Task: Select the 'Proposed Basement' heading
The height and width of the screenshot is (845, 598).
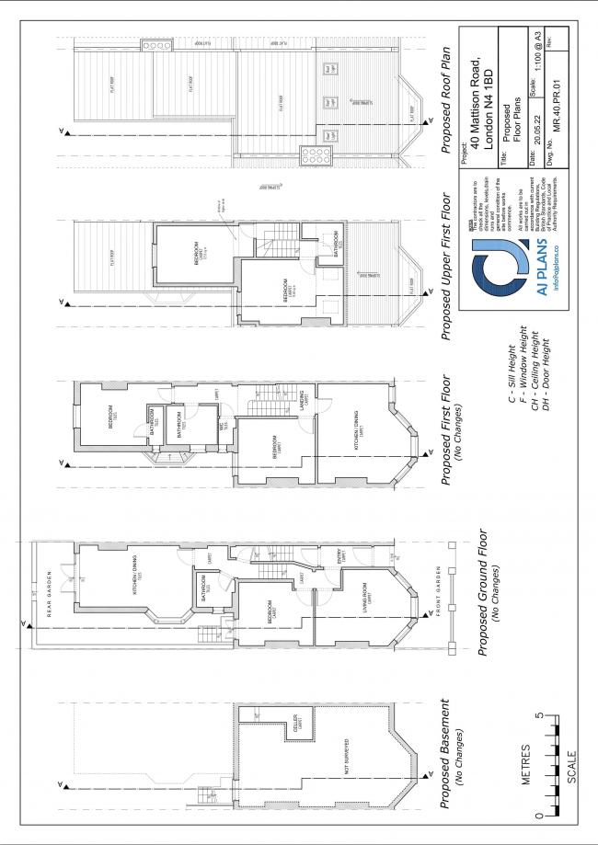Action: tap(445, 756)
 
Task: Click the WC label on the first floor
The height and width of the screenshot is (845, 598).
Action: tap(222, 426)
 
